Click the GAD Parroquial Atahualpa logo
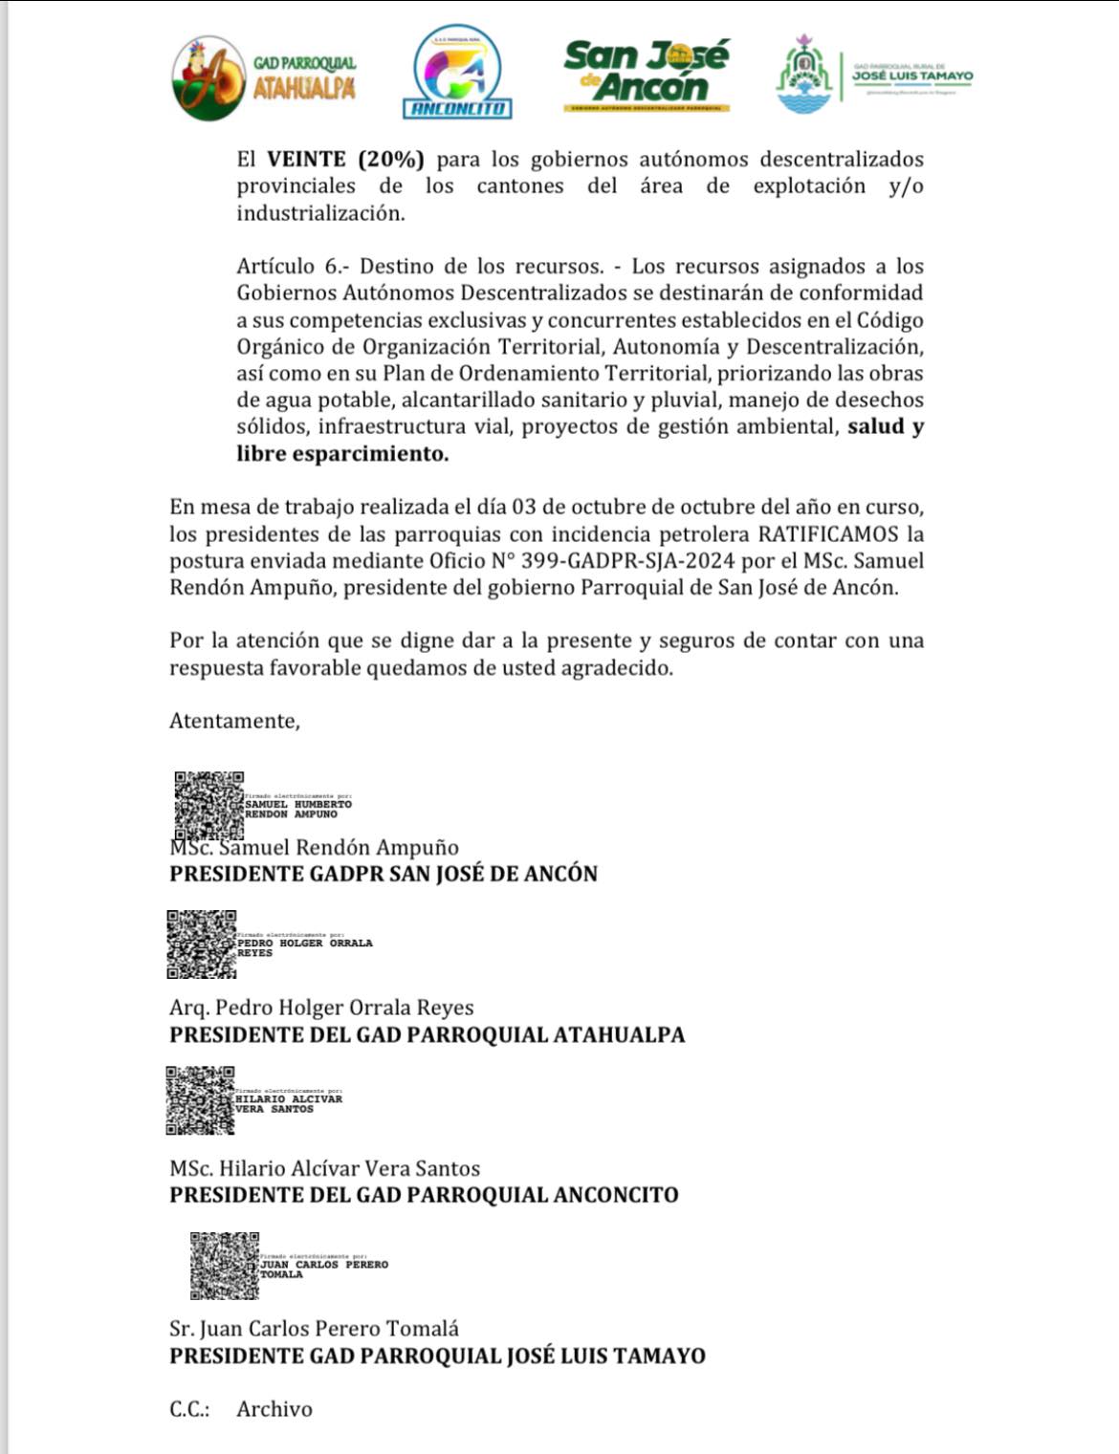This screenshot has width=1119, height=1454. coord(263,77)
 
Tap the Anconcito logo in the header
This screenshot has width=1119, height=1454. coord(458,73)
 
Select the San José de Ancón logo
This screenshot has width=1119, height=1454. coord(647,75)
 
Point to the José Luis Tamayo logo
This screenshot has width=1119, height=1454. coord(874,75)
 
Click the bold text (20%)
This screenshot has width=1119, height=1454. coord(390,159)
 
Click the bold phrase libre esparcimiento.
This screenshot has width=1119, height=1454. coord(342,453)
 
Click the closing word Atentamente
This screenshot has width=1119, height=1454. coord(234,721)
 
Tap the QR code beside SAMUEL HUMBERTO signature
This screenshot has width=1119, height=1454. coord(208,805)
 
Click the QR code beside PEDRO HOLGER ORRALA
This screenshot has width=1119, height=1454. coord(202,944)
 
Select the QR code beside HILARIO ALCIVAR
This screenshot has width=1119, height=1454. coord(201,1100)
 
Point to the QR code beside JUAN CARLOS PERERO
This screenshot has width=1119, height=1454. coord(225,1265)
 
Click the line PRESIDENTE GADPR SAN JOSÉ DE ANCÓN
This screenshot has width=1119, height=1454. coord(383,874)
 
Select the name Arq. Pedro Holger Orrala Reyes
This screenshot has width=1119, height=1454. coord(321,1008)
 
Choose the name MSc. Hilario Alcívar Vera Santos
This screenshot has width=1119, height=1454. coord(324,1168)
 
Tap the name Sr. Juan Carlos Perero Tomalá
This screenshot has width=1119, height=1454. coord(314,1329)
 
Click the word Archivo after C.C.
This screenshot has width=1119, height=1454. coord(274,1409)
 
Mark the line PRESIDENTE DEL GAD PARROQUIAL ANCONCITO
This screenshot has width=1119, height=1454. coord(424,1195)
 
